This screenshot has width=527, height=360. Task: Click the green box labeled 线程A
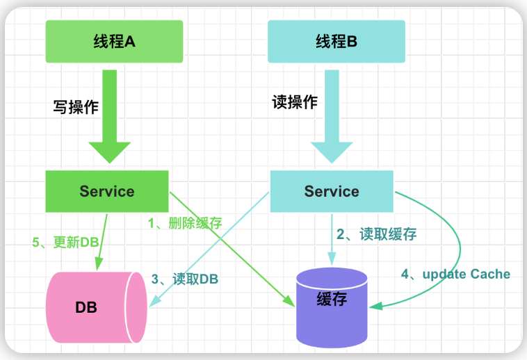click(114, 41)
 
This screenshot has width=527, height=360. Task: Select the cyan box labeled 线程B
click(337, 41)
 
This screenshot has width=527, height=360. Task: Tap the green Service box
click(107, 191)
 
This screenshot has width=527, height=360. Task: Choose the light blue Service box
click(332, 191)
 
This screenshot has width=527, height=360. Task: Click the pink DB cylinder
click(97, 307)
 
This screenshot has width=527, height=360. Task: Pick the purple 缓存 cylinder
click(332, 308)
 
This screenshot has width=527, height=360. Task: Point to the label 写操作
click(76, 107)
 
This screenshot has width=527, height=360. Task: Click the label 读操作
click(295, 101)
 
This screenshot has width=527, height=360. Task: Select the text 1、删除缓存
click(185, 223)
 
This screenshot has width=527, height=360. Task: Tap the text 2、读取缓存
click(377, 234)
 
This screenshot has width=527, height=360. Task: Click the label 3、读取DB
click(185, 279)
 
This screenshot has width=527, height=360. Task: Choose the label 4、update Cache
click(456, 274)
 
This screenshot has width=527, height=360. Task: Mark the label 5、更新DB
click(65, 242)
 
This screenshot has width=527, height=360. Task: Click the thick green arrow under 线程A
click(110, 117)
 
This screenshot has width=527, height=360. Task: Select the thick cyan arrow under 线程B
click(332, 117)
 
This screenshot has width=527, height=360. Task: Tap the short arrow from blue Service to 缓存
click(332, 240)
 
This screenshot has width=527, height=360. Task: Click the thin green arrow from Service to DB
click(102, 242)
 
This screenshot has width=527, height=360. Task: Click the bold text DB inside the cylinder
click(86, 307)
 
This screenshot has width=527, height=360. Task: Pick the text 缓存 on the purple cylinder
click(332, 299)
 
